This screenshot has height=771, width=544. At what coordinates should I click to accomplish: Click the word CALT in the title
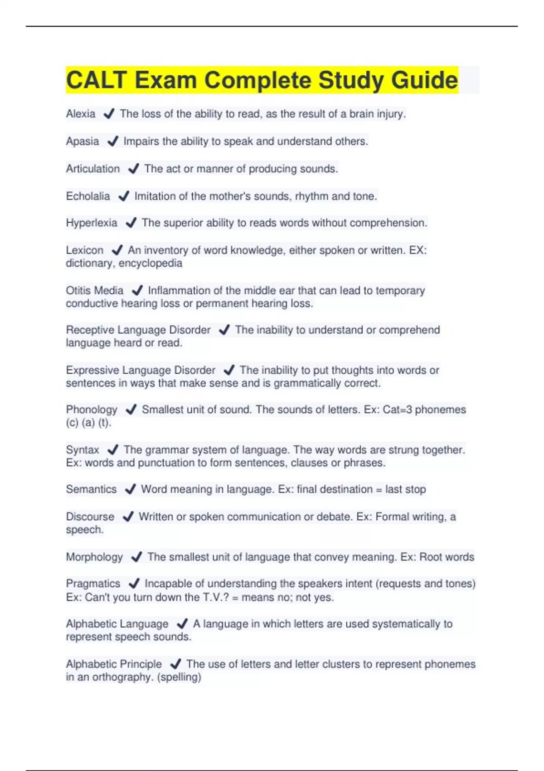coord(96,80)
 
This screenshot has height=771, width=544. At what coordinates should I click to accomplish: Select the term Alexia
coord(81,114)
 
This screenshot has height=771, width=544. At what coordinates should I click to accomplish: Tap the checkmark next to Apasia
coord(112,142)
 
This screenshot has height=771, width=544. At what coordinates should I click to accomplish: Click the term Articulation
coord(93,169)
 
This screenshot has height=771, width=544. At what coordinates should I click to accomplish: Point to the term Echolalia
coord(88,196)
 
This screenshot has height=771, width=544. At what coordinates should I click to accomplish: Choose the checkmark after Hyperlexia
coord(131,223)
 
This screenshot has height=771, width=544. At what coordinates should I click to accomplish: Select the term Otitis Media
coord(95,290)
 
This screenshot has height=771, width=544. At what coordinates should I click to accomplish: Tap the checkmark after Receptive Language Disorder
coord(224,330)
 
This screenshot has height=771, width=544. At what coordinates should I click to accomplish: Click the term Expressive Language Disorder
coord(141,370)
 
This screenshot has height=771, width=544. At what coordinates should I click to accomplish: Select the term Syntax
coord(83,450)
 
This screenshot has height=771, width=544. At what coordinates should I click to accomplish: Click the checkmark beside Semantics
coord(130,489)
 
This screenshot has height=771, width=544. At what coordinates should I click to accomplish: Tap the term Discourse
coord(90,517)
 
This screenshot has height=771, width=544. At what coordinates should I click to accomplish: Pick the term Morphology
coord(94,557)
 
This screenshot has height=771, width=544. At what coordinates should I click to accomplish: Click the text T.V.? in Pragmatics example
coord(215,597)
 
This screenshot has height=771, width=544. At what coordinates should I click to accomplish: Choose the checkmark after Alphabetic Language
coord(182,624)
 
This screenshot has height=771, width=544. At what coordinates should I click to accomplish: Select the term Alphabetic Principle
coord(114,664)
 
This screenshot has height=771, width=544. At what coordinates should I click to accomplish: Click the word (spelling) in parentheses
coord(179,677)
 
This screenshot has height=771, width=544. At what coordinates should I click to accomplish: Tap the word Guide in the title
coord(424,80)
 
